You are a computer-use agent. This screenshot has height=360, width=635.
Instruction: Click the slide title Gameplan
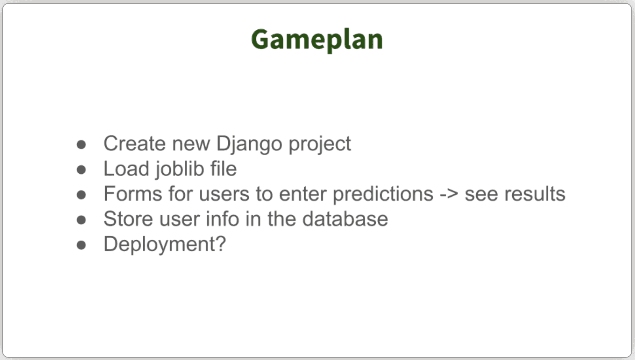[x=317, y=40]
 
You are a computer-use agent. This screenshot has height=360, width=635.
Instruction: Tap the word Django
[x=249, y=145]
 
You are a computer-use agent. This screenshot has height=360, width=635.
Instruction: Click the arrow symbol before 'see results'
[x=449, y=194]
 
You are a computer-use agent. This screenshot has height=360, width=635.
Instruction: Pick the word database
[x=345, y=219]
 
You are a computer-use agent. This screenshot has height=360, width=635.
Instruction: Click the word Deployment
[x=159, y=244]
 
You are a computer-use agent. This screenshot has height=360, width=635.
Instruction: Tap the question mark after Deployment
[x=220, y=244]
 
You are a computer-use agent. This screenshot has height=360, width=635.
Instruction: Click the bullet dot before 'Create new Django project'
[x=81, y=144]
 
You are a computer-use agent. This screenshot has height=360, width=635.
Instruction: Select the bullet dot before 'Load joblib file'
[x=81, y=170]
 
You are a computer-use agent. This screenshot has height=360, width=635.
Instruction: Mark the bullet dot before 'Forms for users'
[x=81, y=195]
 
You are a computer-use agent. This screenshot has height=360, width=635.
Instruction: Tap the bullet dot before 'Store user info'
[x=81, y=220]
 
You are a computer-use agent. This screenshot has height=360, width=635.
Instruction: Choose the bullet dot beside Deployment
[x=81, y=245]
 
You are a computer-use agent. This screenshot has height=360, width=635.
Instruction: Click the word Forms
[x=133, y=194]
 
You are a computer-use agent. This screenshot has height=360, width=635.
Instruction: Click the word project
[x=320, y=145]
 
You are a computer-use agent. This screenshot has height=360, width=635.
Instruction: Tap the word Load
[x=126, y=169]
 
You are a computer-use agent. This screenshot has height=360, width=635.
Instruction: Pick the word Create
[x=134, y=144]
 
